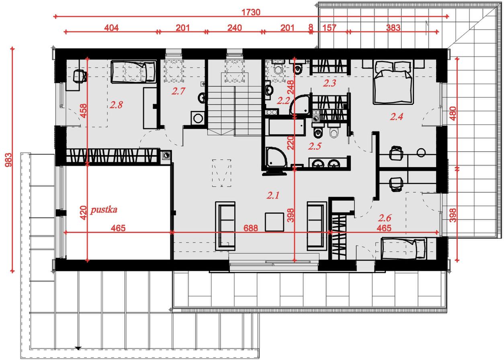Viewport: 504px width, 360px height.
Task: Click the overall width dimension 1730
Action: point(251,12)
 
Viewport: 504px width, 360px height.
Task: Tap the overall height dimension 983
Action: point(8,160)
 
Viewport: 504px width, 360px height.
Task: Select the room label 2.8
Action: point(116,105)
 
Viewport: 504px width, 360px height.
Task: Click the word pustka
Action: point(104,210)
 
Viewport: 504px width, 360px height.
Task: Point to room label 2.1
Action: point(273,195)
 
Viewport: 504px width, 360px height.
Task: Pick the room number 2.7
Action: point(178,91)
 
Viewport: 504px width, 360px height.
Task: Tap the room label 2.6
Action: point(385,218)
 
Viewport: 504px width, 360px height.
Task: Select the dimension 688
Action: point(251,228)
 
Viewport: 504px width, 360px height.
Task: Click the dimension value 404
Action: point(111,28)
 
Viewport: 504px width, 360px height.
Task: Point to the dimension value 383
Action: point(393,28)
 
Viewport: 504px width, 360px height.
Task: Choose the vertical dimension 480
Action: point(453,113)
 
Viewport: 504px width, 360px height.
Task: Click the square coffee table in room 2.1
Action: point(274,222)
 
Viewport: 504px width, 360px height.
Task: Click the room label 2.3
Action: point(330,83)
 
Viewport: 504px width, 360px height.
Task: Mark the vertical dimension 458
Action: point(83,111)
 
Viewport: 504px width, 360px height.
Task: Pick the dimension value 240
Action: point(234,28)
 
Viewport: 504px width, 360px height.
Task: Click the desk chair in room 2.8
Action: point(80,76)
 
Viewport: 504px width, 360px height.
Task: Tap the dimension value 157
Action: point(330,28)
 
